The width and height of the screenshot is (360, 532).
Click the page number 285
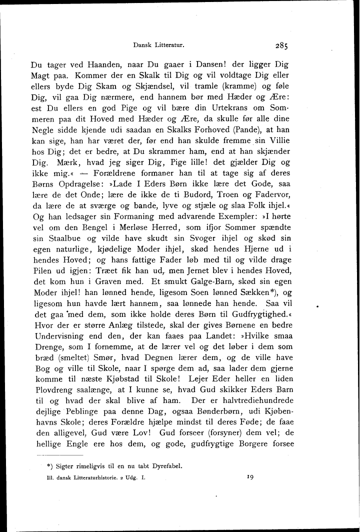click(x=280, y=46)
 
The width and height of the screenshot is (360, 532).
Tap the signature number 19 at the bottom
click(x=250, y=477)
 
